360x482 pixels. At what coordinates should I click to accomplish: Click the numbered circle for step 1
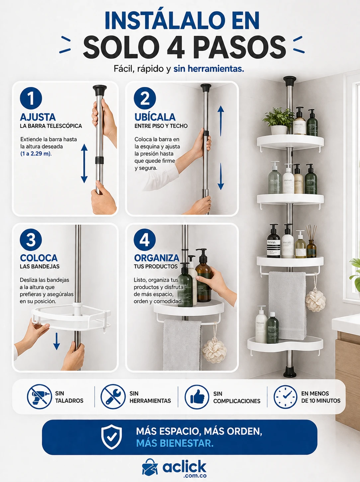pos(31,98)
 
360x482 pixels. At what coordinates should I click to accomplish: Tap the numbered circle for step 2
pos(145,98)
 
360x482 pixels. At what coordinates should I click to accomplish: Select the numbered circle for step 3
pos(31,240)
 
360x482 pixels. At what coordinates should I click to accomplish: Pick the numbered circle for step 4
pos(145,240)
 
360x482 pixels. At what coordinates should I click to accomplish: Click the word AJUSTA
pos(38,117)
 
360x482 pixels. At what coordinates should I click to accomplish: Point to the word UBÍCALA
pos(155,117)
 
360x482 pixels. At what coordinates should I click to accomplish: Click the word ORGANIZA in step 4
pos(157,258)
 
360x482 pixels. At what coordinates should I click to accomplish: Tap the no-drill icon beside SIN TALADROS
pos(39,397)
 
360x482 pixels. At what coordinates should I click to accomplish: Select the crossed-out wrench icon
pos(113,397)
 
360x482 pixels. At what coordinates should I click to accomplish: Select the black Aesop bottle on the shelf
pos(274,241)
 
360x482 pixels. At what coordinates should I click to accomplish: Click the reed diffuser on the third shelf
pos(311,241)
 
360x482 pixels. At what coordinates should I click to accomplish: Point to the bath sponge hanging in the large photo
pos(315,300)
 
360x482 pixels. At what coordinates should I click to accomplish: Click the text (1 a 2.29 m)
pos(36,153)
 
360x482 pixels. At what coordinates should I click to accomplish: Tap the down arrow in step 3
pos(57,341)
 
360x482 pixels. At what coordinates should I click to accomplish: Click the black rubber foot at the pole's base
pos(290,371)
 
